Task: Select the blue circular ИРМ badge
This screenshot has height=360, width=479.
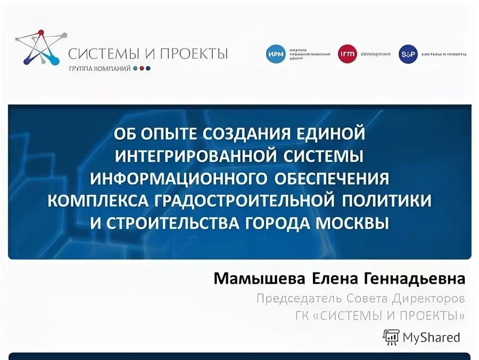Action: click(x=276, y=54)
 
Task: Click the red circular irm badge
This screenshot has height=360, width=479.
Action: click(x=347, y=54)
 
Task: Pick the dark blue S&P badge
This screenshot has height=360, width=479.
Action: click(x=408, y=54)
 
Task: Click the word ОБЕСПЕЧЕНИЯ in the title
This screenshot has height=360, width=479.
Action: click(x=332, y=177)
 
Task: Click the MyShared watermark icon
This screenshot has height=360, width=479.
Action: click(x=391, y=337)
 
